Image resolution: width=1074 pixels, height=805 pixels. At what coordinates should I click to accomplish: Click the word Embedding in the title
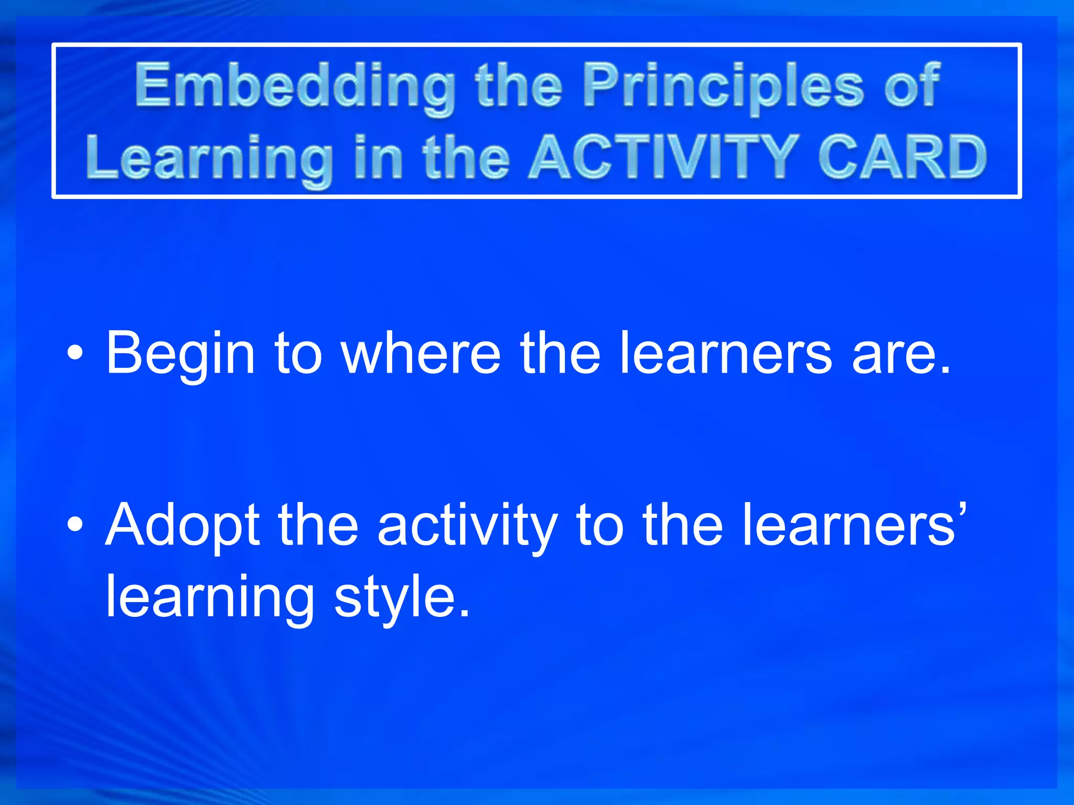coord(295,86)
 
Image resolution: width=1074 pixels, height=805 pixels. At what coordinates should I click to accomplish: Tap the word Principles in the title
coord(723,86)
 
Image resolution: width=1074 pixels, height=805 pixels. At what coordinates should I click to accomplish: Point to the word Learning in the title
coord(209,160)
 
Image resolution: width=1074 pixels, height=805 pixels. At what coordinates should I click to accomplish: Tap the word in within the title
coord(379,157)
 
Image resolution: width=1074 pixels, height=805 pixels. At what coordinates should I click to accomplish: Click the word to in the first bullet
coord(298,355)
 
